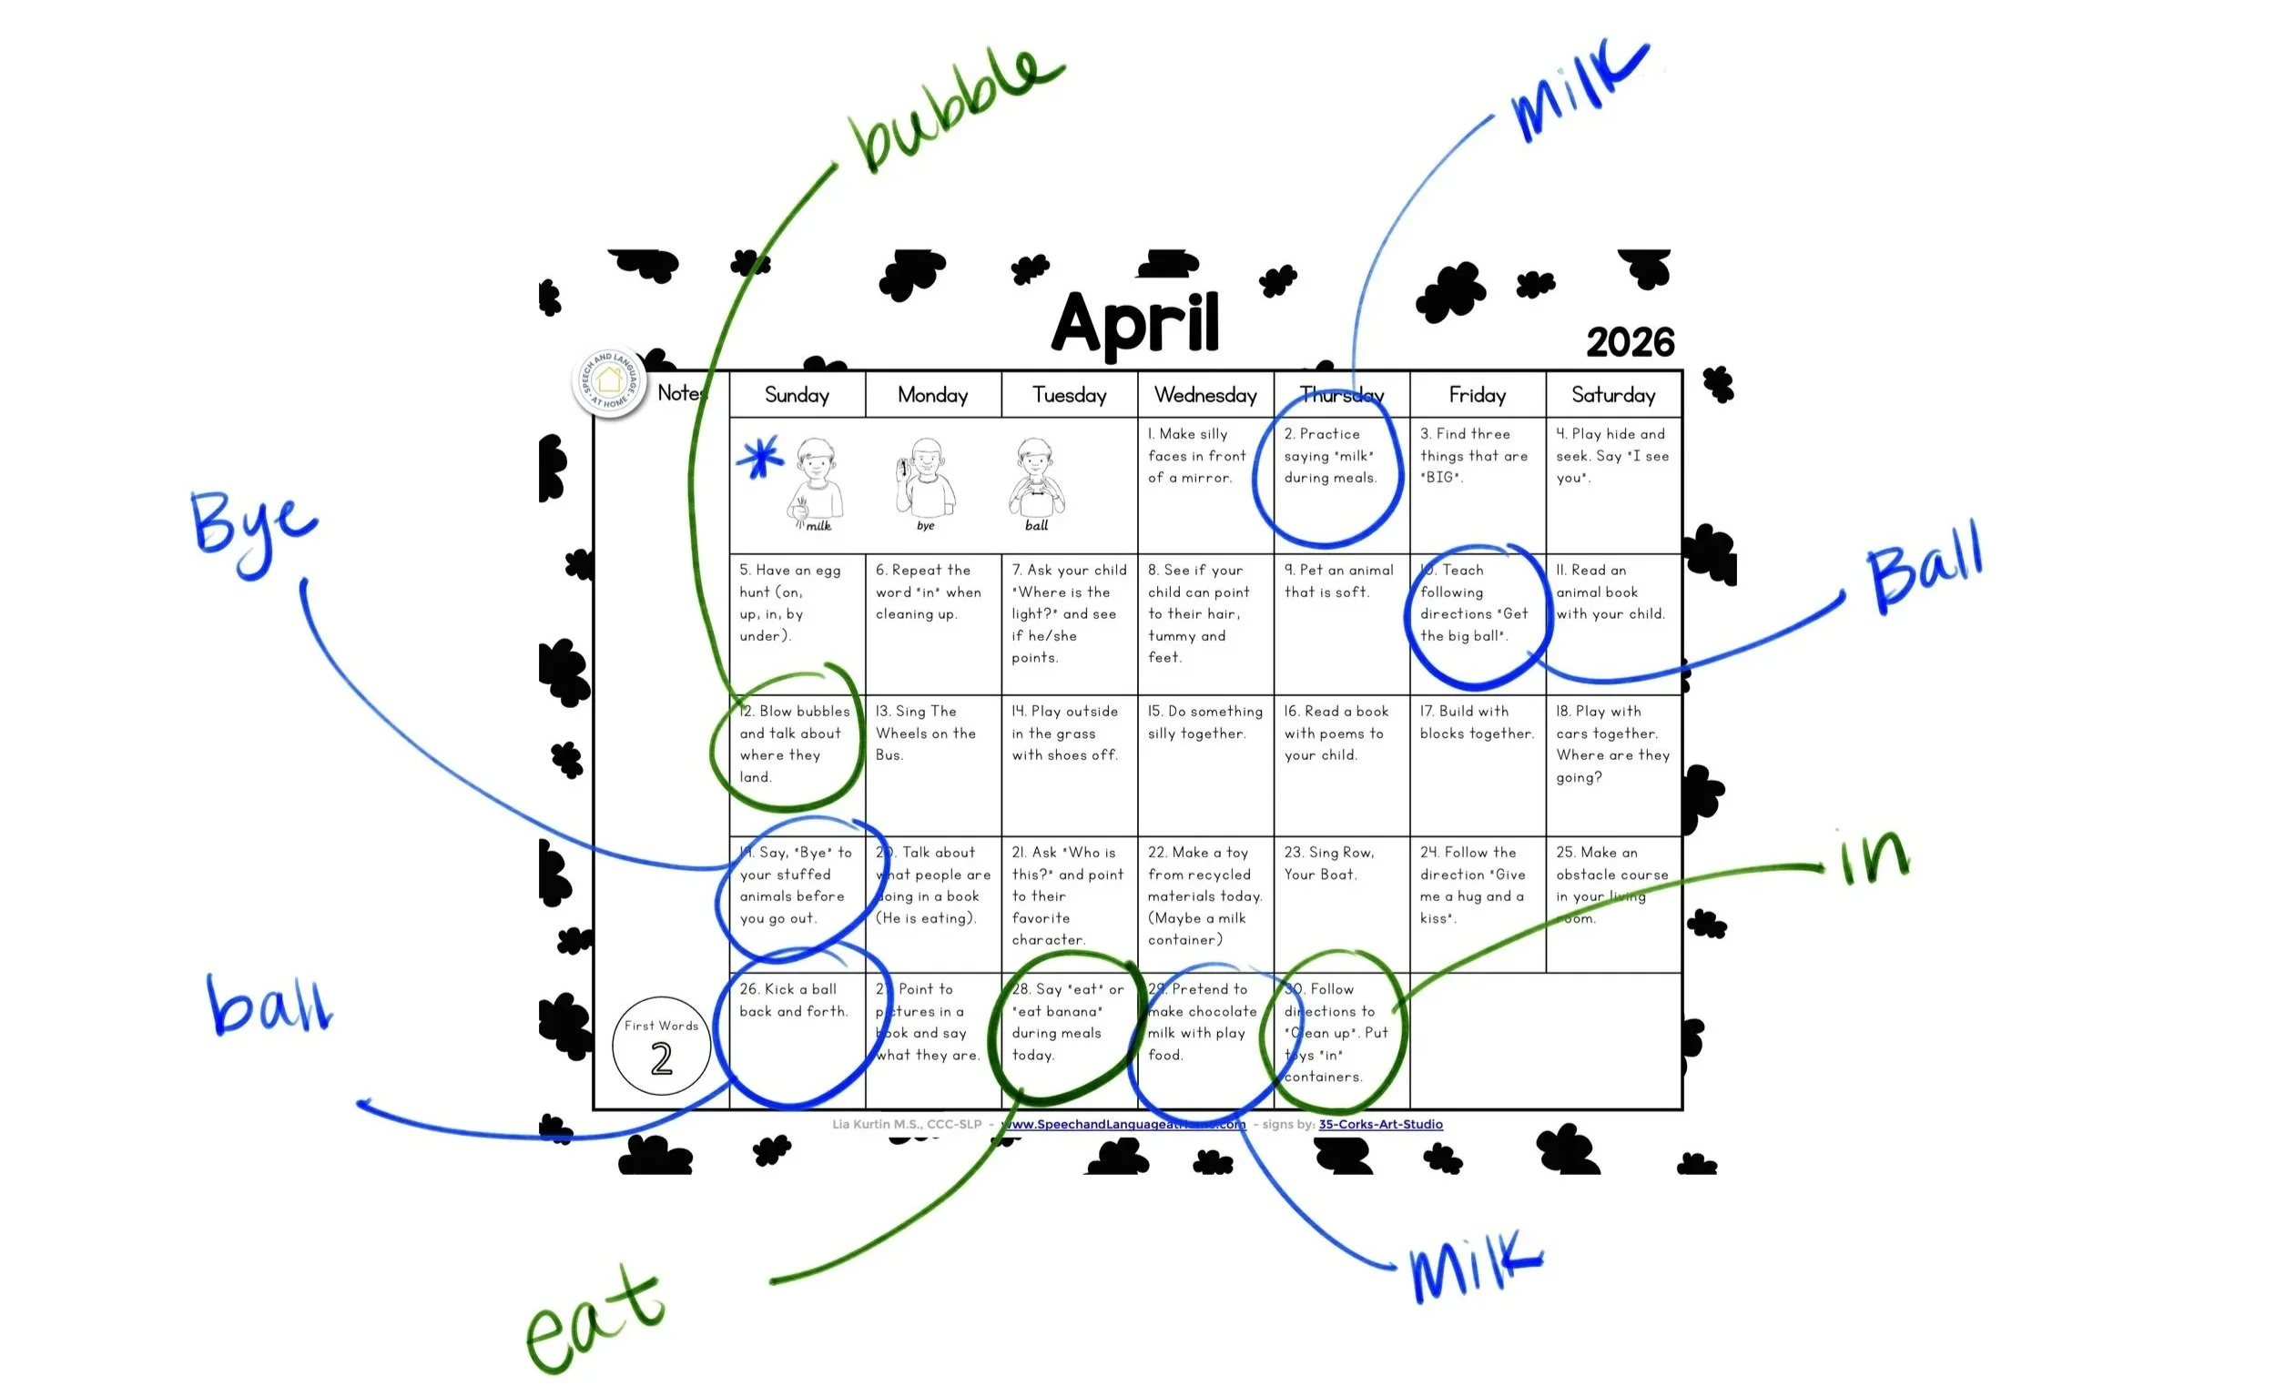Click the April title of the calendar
(1135, 323)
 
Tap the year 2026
(1630, 342)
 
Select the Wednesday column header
(1205, 395)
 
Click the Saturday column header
(1613, 395)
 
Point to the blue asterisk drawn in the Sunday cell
(759, 457)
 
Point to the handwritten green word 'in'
(1874, 859)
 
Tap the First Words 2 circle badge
(661, 1046)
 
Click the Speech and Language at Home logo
(609, 381)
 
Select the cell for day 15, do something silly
(1205, 764)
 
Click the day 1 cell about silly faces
(1205, 485)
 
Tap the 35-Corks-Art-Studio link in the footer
(1380, 1124)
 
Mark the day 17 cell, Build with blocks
(1477, 764)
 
